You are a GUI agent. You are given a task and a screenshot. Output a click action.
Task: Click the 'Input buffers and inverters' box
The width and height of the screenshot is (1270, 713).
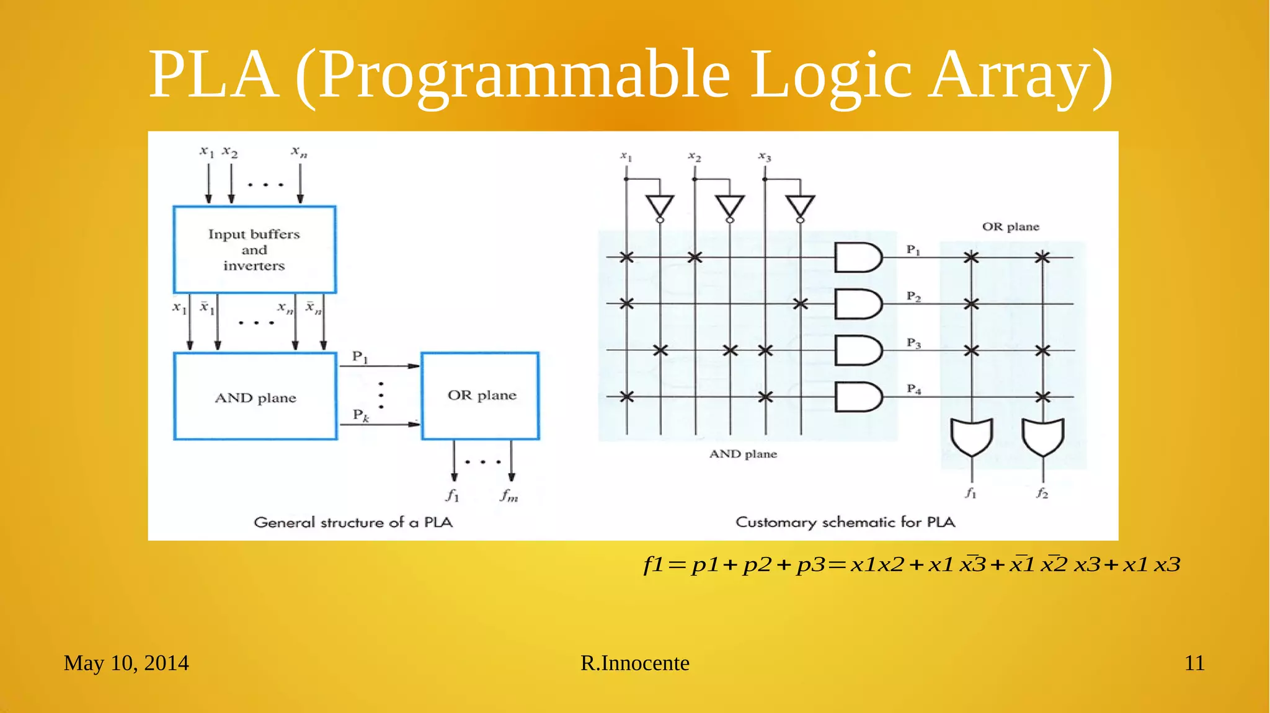(x=254, y=249)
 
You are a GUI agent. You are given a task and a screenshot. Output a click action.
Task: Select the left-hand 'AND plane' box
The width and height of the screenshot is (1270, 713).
(x=255, y=397)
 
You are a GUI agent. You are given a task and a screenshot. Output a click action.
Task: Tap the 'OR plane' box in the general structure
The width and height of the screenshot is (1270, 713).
(x=481, y=396)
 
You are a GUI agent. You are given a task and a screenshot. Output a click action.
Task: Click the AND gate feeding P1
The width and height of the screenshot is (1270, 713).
(x=857, y=257)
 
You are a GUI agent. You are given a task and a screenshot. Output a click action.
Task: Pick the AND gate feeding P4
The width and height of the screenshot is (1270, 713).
(x=857, y=397)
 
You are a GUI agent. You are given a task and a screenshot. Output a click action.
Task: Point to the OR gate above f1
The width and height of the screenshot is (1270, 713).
(x=971, y=436)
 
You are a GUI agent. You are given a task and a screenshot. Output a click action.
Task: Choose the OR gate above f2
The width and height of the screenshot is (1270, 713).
(x=1043, y=436)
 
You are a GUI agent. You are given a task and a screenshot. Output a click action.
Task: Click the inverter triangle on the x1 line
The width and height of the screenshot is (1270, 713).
(x=660, y=206)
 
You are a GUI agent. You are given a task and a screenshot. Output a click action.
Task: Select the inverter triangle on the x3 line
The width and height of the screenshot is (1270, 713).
(x=800, y=206)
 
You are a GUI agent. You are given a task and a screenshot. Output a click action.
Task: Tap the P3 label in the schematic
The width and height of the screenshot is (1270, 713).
(x=913, y=343)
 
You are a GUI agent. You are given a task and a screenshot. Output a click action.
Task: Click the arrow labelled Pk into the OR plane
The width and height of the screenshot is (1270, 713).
(x=380, y=424)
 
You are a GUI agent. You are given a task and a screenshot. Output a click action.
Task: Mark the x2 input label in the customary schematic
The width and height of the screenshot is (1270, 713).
(x=695, y=157)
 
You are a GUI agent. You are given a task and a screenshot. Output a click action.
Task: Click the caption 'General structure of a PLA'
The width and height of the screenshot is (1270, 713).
(x=353, y=522)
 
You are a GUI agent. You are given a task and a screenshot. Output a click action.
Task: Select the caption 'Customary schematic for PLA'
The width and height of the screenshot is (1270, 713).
(x=845, y=522)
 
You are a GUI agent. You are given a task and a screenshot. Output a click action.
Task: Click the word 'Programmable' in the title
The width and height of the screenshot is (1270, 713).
(x=525, y=75)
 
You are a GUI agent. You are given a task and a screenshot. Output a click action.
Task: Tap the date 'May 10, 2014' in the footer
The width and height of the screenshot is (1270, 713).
(x=126, y=663)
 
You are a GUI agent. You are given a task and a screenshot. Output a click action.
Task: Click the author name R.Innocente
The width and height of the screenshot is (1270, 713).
(x=634, y=663)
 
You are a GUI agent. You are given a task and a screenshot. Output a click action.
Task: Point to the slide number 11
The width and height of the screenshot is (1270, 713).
(x=1194, y=663)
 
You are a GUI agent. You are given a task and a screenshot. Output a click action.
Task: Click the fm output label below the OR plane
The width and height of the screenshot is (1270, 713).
(x=509, y=495)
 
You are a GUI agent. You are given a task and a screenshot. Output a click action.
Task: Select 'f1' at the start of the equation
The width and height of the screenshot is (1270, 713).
(x=654, y=565)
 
